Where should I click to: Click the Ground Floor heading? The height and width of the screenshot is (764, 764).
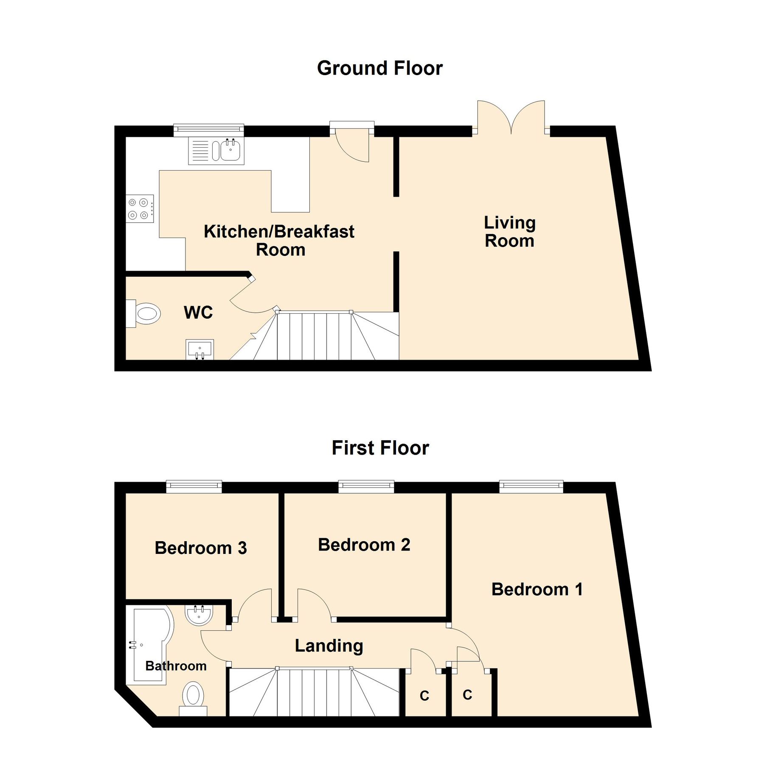tap(379, 68)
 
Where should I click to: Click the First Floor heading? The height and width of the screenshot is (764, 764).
tap(380, 448)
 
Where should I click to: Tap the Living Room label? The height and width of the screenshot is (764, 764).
tap(509, 232)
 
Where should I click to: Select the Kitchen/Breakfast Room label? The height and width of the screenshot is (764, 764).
tap(279, 241)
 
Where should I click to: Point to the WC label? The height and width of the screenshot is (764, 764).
tap(198, 313)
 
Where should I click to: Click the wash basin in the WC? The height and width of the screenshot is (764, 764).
tap(199, 349)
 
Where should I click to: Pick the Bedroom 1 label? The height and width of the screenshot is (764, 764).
tap(537, 590)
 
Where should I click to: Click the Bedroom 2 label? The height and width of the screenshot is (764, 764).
tap(364, 545)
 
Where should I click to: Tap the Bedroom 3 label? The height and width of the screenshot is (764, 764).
tap(201, 548)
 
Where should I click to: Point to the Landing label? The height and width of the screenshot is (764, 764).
tap(329, 646)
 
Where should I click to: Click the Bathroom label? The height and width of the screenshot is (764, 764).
tap(176, 666)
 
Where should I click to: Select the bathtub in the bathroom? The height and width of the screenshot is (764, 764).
tap(151, 645)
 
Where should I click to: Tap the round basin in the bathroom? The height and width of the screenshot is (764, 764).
tap(199, 615)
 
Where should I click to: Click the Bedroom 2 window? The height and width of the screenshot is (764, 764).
tap(366, 486)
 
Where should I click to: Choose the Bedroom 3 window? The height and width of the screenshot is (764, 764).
tap(194, 486)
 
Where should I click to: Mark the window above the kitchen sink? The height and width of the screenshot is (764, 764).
tap(208, 130)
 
